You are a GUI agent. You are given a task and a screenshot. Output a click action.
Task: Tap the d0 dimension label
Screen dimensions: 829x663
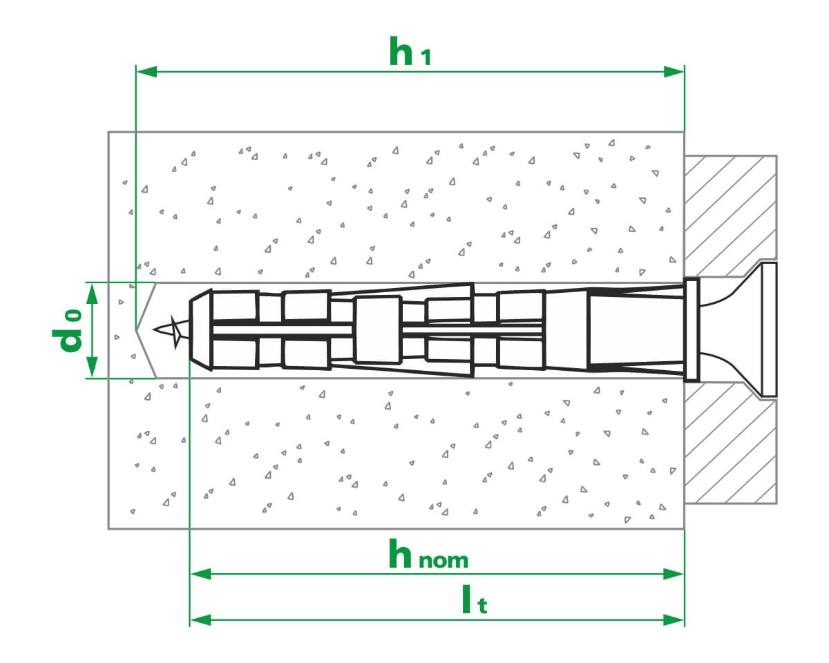[68, 330]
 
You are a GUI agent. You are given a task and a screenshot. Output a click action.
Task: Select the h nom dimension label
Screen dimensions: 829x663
[428, 555]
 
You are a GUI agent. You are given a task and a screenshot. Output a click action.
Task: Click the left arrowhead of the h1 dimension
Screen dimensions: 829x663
[147, 72]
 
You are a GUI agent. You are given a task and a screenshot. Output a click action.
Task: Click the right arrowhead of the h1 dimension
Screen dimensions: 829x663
[674, 72]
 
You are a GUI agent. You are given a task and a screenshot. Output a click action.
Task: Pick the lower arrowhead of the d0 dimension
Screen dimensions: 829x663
[92, 367]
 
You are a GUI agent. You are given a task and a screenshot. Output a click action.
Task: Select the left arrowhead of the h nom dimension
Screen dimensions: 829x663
[201, 574]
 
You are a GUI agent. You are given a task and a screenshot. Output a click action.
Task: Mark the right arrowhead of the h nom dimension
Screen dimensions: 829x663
[674, 574]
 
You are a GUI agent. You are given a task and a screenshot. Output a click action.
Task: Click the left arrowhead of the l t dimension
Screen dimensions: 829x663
[201, 620]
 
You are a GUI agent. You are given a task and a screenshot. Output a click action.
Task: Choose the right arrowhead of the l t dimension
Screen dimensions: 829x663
[674, 620]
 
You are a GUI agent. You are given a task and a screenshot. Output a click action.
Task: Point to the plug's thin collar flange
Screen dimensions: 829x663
[692, 329]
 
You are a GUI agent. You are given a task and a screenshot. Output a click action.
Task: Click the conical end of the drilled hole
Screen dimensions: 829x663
[146, 330]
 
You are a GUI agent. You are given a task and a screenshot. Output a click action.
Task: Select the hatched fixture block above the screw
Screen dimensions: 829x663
[730, 215]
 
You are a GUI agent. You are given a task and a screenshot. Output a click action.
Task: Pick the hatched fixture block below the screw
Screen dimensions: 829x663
[730, 447]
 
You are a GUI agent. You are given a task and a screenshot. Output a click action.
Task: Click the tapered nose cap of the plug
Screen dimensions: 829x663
[201, 329]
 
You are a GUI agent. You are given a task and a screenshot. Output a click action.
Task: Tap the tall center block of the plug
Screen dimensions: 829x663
[377, 329]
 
